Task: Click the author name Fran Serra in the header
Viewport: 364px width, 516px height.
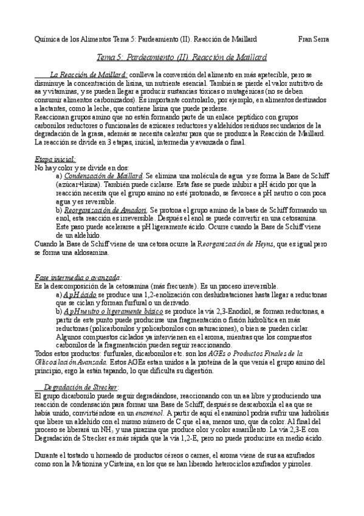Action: pos(314,39)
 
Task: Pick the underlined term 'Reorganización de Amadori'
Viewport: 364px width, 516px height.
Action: pos(106,209)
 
